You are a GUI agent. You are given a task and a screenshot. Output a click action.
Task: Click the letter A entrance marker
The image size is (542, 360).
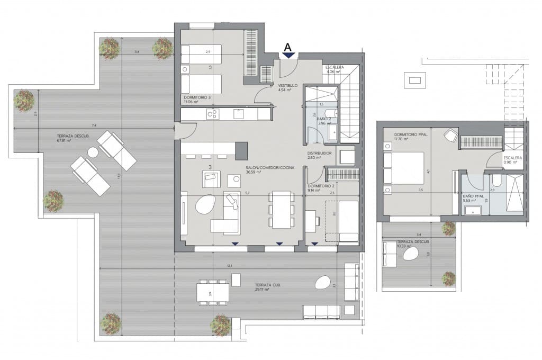(288, 47)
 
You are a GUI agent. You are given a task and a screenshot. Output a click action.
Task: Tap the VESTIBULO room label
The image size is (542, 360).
(288, 85)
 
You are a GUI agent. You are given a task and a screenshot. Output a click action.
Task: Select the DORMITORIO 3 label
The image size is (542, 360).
(197, 97)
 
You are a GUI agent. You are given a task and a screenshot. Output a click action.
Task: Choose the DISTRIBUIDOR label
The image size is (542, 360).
(319, 154)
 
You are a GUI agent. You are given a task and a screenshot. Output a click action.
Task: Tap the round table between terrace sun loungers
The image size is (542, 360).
(93, 152)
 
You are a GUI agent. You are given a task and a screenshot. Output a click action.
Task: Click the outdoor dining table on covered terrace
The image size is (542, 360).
(213, 292)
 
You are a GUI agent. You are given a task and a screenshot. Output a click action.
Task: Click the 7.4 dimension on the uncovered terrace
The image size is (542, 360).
(94, 125)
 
